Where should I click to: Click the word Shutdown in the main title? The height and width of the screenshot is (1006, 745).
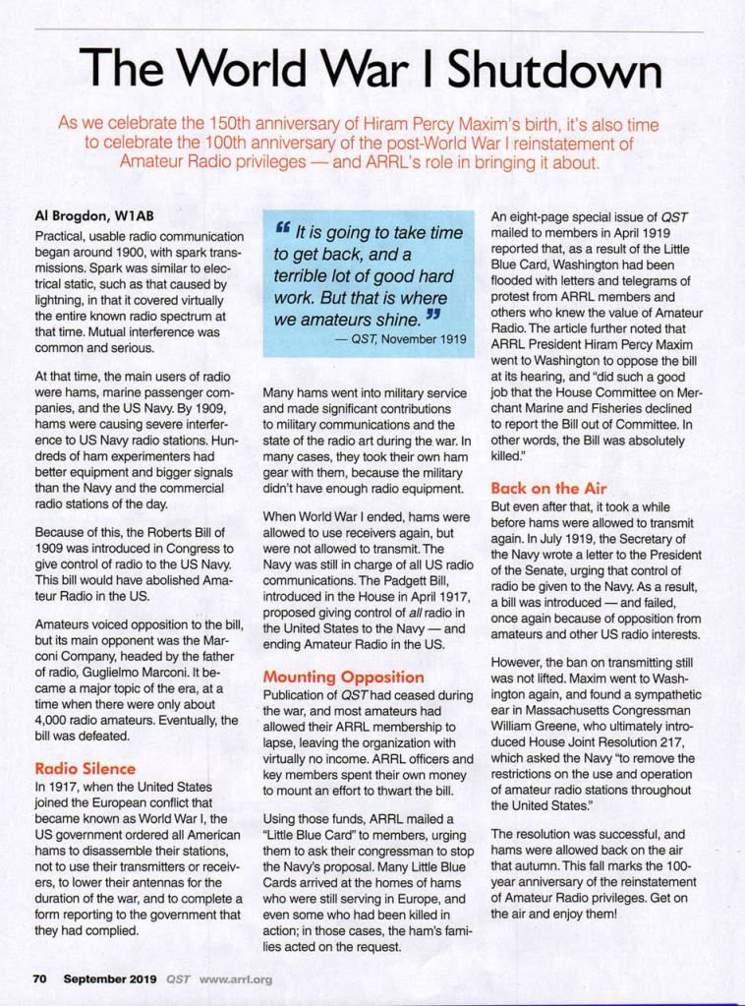point(554,71)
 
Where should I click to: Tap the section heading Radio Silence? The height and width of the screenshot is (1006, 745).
point(85,768)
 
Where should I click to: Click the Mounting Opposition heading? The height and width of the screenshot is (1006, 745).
point(343,678)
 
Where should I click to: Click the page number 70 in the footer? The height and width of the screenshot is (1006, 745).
point(41,978)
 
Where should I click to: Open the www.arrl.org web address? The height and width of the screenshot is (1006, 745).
point(235,978)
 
